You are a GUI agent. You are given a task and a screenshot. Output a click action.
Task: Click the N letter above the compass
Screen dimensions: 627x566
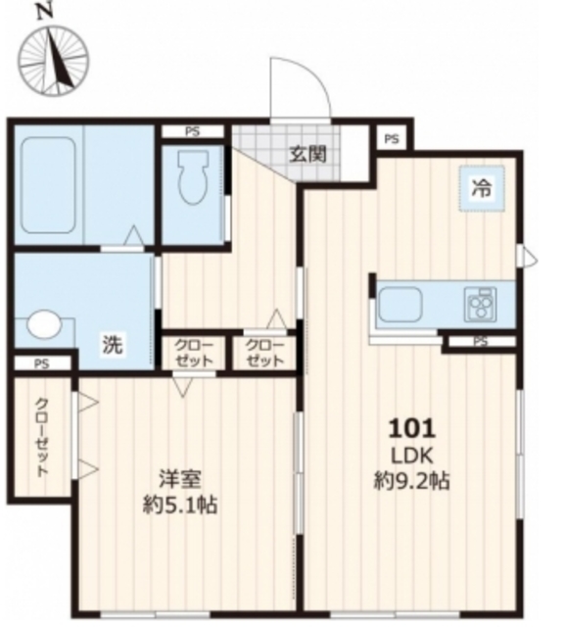pyautogui.click(x=41, y=12)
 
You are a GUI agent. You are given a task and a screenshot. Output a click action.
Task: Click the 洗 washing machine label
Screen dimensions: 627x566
pyautogui.click(x=114, y=344)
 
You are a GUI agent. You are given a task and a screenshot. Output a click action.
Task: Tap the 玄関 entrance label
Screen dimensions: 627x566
pyautogui.click(x=307, y=154)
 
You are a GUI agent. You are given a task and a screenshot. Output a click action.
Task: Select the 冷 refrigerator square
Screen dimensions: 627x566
pyautogui.click(x=482, y=190)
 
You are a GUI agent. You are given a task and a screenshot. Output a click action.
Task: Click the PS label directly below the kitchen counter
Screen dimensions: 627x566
pyautogui.click(x=480, y=342)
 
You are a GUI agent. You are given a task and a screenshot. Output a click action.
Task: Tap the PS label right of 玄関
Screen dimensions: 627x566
pyautogui.click(x=392, y=139)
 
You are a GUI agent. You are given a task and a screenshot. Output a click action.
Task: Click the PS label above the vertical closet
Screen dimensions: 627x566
pyautogui.click(x=40, y=363)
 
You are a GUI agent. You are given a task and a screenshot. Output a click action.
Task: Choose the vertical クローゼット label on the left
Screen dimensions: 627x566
pyautogui.click(x=42, y=436)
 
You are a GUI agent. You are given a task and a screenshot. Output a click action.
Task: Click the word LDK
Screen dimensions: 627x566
pyautogui.click(x=411, y=455)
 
